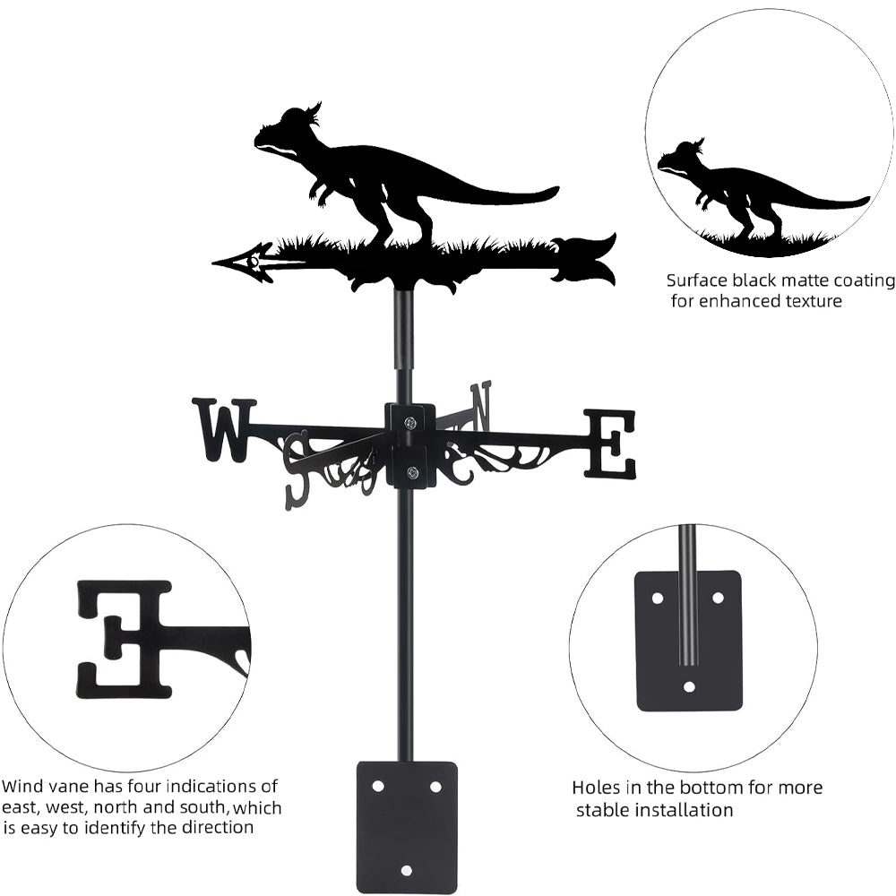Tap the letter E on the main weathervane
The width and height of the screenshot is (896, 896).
pos(611,444)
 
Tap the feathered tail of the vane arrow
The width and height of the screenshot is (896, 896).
pos(587,258)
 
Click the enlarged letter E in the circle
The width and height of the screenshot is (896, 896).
pos(125,638)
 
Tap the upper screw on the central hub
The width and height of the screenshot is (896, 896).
pos(409,423)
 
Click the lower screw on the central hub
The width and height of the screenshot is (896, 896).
pos(411,472)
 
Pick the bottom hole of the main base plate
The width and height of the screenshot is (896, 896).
pos(407,869)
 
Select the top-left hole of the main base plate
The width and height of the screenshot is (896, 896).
pos(378,786)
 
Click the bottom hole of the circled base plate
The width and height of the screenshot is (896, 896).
pos(689,687)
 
